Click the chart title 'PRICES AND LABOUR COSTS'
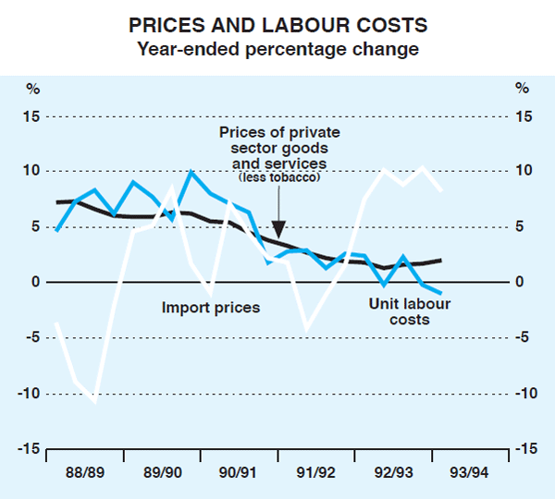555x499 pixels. pyautogui.click(x=277, y=26)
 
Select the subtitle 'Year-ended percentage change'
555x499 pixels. pyautogui.click(x=277, y=48)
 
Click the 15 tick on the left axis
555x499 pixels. pyautogui.click(x=32, y=116)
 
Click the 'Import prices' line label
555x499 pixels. pyautogui.click(x=211, y=307)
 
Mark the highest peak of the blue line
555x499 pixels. pyautogui.click(x=191, y=172)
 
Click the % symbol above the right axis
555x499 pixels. pyautogui.click(x=522, y=90)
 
